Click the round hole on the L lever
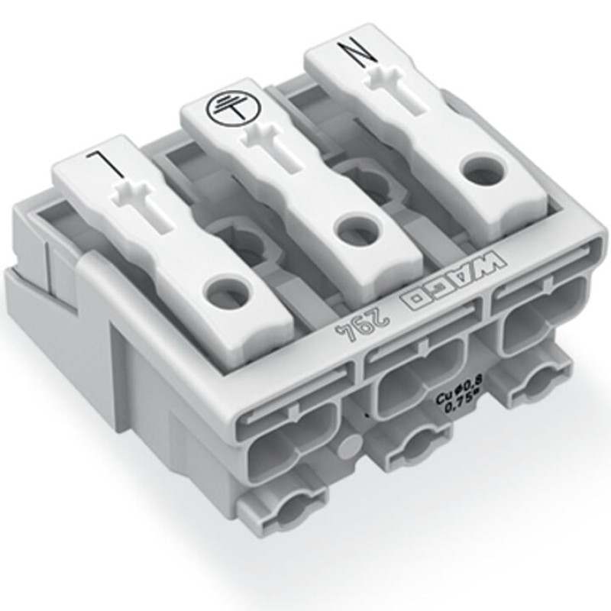click(230, 290)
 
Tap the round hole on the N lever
click(483, 170)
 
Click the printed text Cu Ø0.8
click(459, 396)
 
